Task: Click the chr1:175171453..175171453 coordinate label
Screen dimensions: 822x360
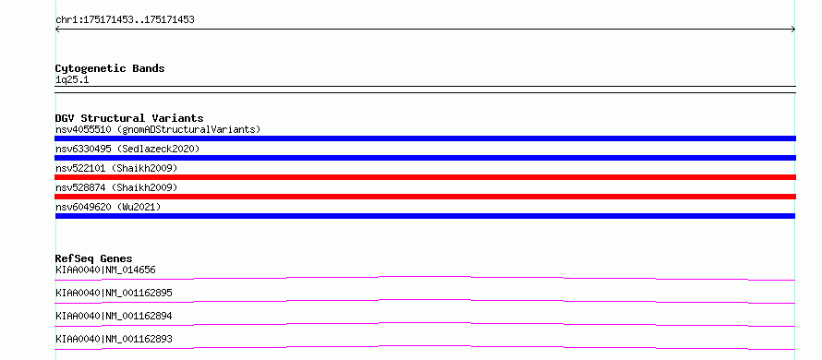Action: pyautogui.click(x=125, y=20)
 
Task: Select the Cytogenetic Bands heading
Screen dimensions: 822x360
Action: pyautogui.click(x=110, y=68)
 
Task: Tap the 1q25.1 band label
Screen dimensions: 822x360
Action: pyautogui.click(x=72, y=80)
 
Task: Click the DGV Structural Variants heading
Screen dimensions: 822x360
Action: pyautogui.click(x=129, y=118)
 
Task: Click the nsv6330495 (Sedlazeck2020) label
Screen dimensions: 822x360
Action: pyautogui.click(x=127, y=149)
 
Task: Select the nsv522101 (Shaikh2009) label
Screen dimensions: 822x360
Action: pyautogui.click(x=116, y=168)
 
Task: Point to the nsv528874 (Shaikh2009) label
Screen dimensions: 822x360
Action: pyautogui.click(x=116, y=187)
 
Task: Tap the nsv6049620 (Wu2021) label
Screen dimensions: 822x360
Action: pyautogui.click(x=108, y=207)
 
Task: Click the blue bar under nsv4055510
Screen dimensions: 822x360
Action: pyautogui.click(x=425, y=138)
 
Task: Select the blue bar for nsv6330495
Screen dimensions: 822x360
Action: pyautogui.click(x=425, y=158)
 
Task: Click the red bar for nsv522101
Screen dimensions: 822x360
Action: pyautogui.click(x=425, y=177)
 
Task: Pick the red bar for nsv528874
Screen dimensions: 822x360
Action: pyautogui.click(x=425, y=197)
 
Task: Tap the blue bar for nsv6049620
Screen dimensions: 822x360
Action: pyautogui.click(x=425, y=216)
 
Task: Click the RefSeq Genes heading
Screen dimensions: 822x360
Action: pyautogui.click(x=94, y=258)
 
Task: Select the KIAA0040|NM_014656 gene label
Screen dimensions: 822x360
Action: pyautogui.click(x=105, y=270)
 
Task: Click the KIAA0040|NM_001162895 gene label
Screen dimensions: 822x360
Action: pyautogui.click(x=114, y=293)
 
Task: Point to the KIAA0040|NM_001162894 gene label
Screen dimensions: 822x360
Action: pyautogui.click(x=114, y=316)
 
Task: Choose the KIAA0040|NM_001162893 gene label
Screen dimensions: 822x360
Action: pyautogui.click(x=114, y=339)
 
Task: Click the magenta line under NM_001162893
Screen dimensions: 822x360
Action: pyautogui.click(x=425, y=346)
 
